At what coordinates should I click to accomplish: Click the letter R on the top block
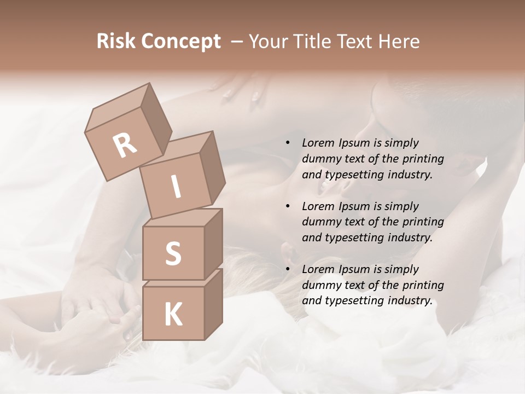[125, 146]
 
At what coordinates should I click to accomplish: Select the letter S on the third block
[173, 253]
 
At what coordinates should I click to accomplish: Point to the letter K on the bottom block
[173, 315]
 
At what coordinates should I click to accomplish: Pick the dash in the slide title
[237, 42]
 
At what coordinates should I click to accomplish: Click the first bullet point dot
[288, 143]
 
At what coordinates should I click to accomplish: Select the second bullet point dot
[288, 206]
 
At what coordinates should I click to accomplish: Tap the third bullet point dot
[288, 269]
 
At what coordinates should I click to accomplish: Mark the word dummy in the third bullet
[321, 285]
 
